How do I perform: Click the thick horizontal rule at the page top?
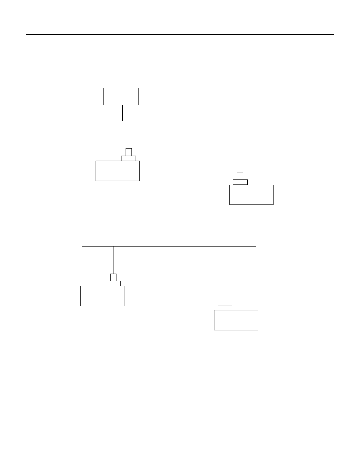point(180,34)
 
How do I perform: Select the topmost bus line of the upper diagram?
point(176,73)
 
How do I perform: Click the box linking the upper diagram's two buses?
point(121,96)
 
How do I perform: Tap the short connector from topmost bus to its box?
point(109,80)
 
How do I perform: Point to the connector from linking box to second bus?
point(122,113)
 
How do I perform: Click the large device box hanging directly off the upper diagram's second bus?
point(117,171)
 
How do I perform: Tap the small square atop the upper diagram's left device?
point(129,152)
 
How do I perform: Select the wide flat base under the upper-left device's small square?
point(129,158)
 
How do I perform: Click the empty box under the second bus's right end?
point(234,147)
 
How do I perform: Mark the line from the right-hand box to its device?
point(240,164)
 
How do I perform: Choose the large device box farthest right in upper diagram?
point(251,194)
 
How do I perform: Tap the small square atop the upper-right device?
point(240,176)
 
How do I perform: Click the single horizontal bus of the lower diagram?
point(169,246)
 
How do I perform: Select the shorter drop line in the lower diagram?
point(114,260)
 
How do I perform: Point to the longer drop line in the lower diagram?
point(225,272)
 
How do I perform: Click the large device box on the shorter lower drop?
point(102,296)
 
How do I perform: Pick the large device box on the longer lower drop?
point(236,320)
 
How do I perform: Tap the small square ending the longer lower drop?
point(225,302)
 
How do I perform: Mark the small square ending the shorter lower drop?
point(113,277)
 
